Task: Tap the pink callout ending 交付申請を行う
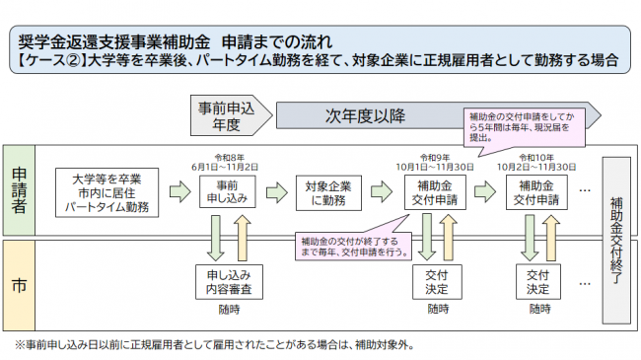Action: coord(355,247)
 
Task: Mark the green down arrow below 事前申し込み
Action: coord(214,237)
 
